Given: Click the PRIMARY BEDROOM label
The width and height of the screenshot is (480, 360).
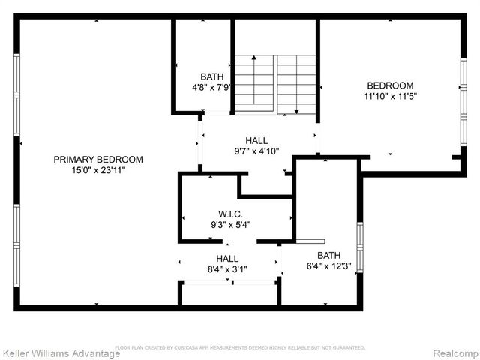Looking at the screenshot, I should (x=98, y=160).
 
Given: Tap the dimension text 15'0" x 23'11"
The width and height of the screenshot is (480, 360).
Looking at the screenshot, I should (x=98, y=170).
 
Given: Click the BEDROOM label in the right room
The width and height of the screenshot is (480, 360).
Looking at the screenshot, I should (x=390, y=85).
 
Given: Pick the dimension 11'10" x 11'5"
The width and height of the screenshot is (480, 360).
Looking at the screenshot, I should (x=390, y=96).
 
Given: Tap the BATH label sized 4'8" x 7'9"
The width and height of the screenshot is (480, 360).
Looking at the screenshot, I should (x=212, y=76).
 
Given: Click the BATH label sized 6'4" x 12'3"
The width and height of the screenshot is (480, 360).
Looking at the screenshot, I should (x=328, y=255).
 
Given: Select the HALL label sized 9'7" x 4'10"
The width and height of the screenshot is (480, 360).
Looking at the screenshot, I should (x=256, y=140).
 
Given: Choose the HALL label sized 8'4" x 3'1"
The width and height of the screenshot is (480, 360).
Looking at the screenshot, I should (x=227, y=258).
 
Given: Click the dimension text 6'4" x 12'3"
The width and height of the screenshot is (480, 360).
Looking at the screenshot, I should (x=328, y=265).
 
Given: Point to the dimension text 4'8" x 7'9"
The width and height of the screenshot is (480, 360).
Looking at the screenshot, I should (x=212, y=87).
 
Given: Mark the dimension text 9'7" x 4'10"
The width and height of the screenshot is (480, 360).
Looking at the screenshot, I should (x=256, y=151).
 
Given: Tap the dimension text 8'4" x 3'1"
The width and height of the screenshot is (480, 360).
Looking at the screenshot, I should (x=227, y=268).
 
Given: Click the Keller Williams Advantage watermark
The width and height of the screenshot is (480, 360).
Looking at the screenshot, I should (x=61, y=353).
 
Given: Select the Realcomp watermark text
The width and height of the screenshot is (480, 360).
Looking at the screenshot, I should (x=453, y=353).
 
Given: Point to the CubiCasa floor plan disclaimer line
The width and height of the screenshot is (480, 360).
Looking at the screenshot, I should (x=240, y=347).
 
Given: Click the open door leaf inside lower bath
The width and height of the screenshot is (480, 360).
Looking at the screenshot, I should (x=310, y=241).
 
